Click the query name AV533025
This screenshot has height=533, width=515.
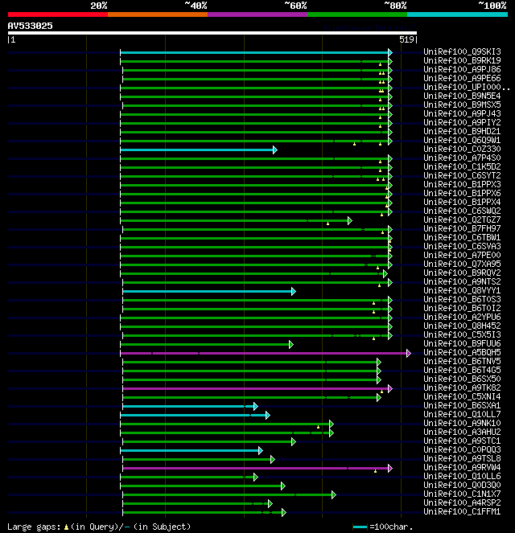pos(31,26)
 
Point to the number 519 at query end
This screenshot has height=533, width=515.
pos(406,39)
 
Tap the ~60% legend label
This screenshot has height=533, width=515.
pos(295,6)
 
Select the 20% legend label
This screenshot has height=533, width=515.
pos(98,6)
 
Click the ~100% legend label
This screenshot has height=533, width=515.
pos(492,6)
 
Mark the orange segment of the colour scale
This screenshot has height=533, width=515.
pos(157,14)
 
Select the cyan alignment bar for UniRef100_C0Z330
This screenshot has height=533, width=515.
pos(197,150)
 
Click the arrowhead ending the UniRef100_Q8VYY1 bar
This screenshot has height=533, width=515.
pos(294,291)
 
